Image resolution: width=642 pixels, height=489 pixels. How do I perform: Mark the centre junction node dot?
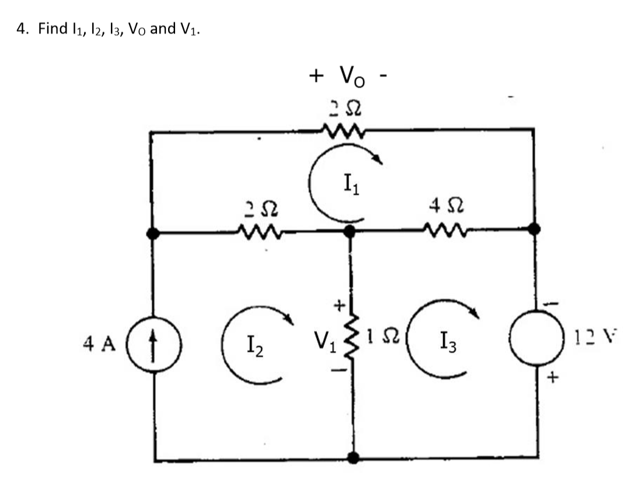click(x=350, y=231)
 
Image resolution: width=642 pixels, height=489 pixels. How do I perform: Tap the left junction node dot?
click(x=153, y=233)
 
